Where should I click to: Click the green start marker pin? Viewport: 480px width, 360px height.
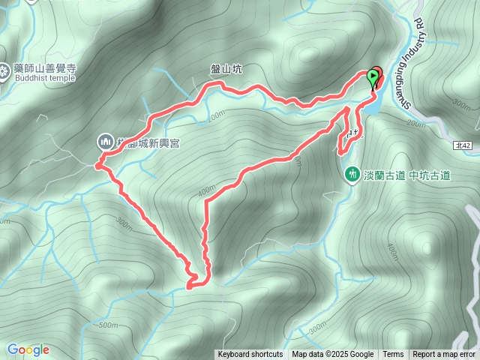click(x=373, y=76)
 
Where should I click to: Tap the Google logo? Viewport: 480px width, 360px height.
click(x=28, y=349)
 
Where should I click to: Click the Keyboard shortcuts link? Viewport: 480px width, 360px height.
click(x=250, y=355)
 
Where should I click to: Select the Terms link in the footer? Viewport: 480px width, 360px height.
click(x=393, y=355)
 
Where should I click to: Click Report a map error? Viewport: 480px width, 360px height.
click(x=444, y=355)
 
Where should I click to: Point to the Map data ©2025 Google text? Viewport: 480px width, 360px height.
click(x=332, y=355)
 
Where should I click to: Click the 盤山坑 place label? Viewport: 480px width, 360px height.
click(x=226, y=68)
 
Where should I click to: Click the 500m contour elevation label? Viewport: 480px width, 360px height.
click(x=109, y=325)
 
